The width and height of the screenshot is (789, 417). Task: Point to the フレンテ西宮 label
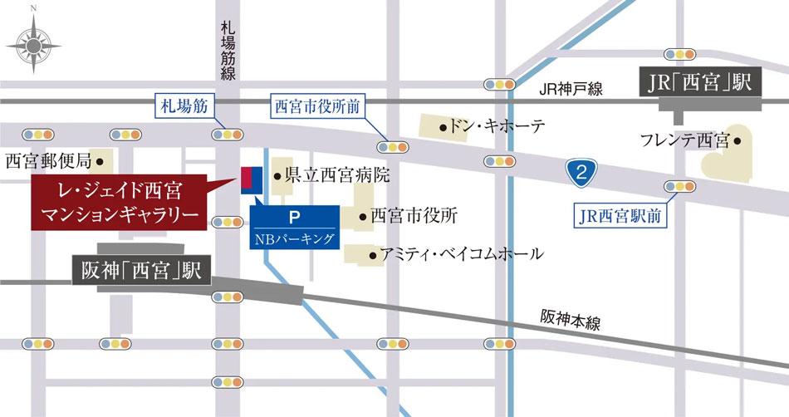(684, 140)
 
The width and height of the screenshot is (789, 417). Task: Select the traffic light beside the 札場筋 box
(228, 134)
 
